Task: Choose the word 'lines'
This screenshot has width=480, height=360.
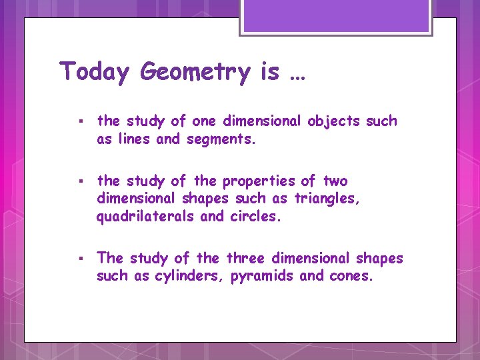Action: pyautogui.click(x=134, y=139)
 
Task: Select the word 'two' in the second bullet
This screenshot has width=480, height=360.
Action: pyautogui.click(x=335, y=181)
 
